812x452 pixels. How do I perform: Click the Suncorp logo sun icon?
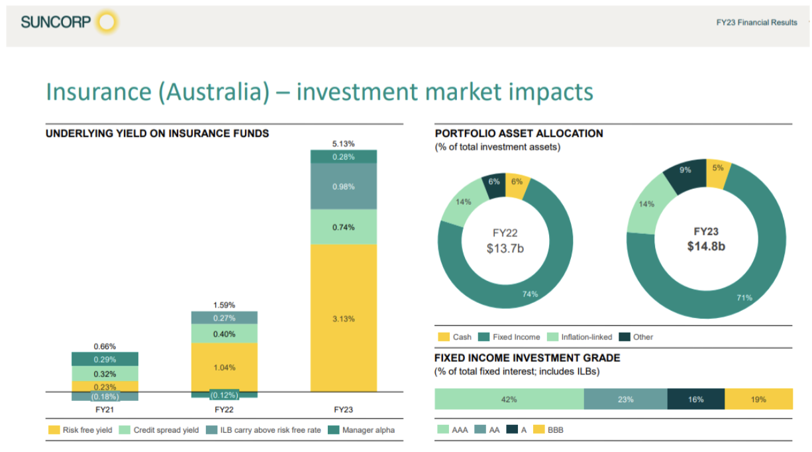click(x=106, y=23)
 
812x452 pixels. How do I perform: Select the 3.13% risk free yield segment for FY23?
click(x=343, y=319)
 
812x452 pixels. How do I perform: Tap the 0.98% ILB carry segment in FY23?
click(x=343, y=187)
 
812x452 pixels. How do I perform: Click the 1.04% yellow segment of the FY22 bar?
click(x=224, y=367)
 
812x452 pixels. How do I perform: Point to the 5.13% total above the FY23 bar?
click(x=343, y=143)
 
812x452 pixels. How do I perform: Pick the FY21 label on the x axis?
click(x=105, y=410)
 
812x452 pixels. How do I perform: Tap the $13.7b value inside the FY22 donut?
click(x=505, y=248)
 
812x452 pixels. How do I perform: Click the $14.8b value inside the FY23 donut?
click(x=706, y=247)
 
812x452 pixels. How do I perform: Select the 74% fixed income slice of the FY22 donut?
click(x=530, y=294)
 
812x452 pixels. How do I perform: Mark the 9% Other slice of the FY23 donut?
click(x=685, y=170)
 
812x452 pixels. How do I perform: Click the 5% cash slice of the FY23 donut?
click(x=717, y=168)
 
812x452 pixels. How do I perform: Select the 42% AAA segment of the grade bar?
click(x=509, y=399)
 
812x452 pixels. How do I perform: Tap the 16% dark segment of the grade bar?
click(x=695, y=399)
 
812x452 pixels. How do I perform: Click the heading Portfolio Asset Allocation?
click(x=519, y=133)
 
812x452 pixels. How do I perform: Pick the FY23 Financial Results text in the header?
click(x=756, y=23)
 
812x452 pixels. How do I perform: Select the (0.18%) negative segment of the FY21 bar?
click(x=105, y=396)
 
